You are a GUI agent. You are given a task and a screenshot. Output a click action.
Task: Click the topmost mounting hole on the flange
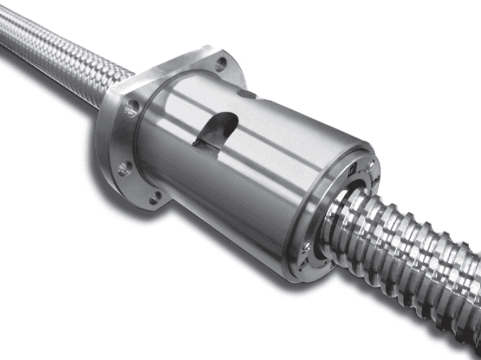221,61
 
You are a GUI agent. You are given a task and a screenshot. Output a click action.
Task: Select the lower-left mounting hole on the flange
124,168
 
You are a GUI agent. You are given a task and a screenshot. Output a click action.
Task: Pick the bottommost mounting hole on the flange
156,198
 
